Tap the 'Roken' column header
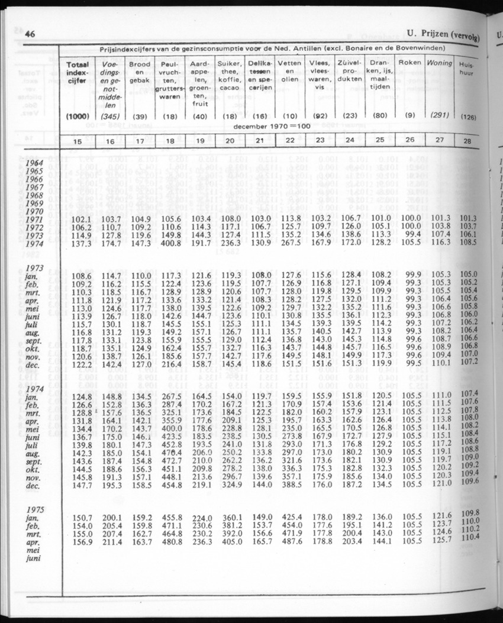[410, 62]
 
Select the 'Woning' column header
[440, 62]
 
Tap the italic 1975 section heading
[35, 509]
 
